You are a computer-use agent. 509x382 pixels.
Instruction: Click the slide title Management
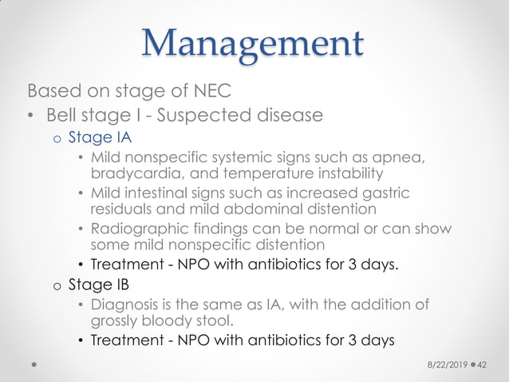tap(254, 42)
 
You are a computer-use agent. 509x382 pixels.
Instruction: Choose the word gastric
tap(385, 193)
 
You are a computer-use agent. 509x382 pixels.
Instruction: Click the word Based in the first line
tap(52, 88)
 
